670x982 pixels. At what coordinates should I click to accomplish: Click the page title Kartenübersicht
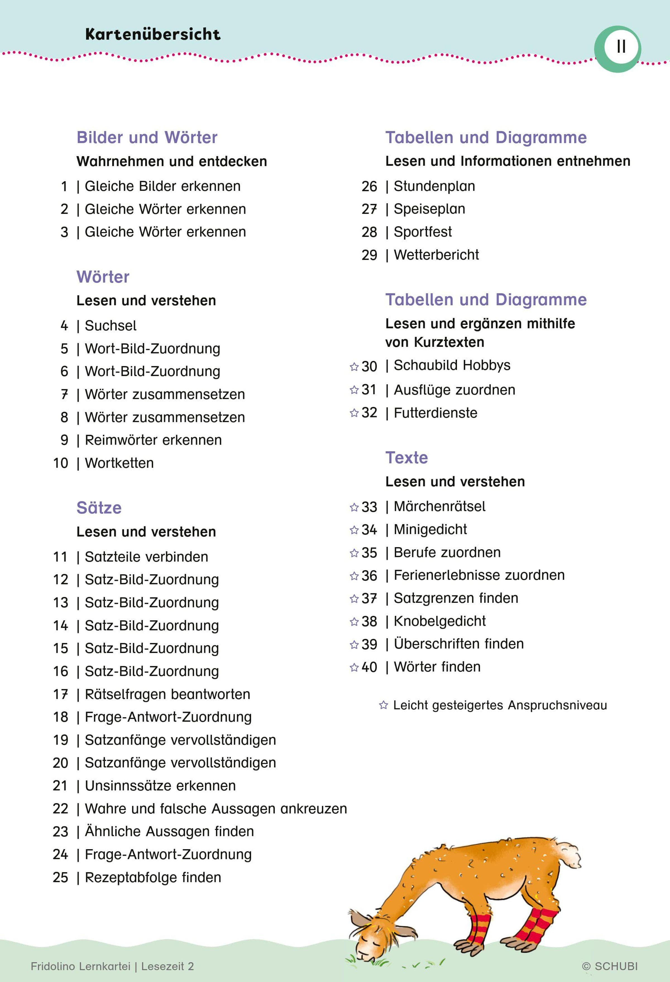click(153, 34)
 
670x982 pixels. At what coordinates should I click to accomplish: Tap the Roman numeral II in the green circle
click(621, 47)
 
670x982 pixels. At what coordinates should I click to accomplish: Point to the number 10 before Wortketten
click(61, 463)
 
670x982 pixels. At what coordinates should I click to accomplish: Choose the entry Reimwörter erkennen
click(153, 440)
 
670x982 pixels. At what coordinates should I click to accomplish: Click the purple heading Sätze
click(99, 508)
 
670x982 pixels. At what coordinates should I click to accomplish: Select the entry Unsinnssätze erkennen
click(160, 786)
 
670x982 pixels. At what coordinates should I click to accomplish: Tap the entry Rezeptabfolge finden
click(153, 878)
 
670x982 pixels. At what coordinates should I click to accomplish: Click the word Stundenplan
click(434, 186)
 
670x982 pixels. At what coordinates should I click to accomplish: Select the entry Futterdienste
click(435, 413)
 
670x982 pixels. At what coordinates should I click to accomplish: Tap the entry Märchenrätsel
click(439, 507)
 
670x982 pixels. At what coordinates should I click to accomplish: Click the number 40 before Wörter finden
click(369, 667)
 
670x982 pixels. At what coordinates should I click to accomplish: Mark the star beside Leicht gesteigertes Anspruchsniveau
click(383, 705)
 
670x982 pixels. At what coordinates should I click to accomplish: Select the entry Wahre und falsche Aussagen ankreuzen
click(216, 809)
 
